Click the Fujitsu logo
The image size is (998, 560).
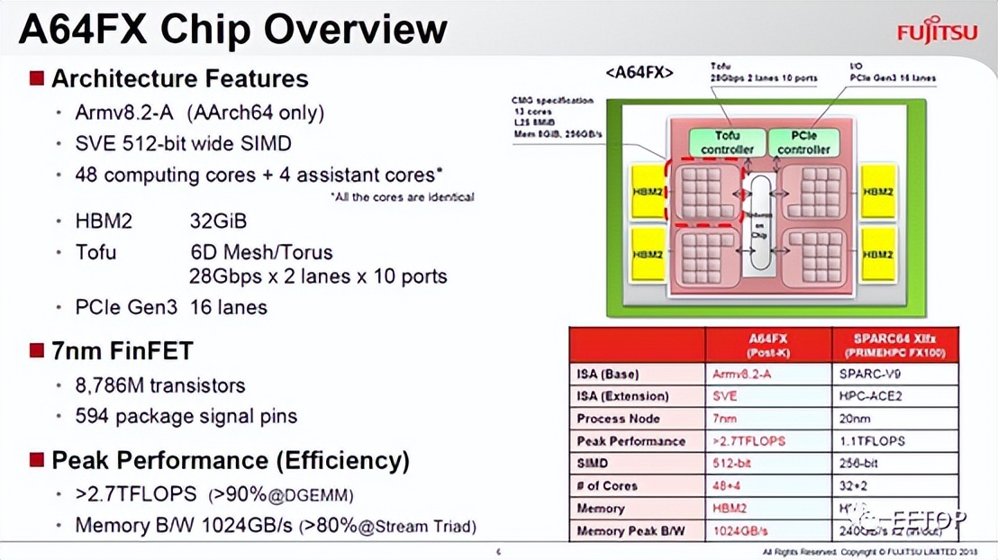pos(937,32)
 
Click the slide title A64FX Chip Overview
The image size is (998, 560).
pos(232,29)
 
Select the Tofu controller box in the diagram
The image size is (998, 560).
pos(727,142)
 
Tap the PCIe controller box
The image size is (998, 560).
pos(803,142)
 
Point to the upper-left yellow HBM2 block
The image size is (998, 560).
pos(648,192)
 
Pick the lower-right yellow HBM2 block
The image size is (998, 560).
pos(877,255)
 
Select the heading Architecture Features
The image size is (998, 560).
pos(179,78)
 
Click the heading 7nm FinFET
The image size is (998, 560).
pos(122,350)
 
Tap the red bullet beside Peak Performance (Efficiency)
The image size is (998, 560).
pos(37,460)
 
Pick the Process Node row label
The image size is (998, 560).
pos(618,419)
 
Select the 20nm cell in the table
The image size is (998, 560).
pos(856,419)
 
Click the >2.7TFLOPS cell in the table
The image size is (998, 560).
pos(748,441)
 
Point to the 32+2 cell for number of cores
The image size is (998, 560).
pos(856,486)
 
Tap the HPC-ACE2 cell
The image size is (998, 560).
pos(870,396)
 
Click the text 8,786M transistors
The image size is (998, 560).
pos(160,385)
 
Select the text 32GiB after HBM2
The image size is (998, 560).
pos(218,221)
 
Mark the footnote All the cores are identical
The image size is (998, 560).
pos(402,196)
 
